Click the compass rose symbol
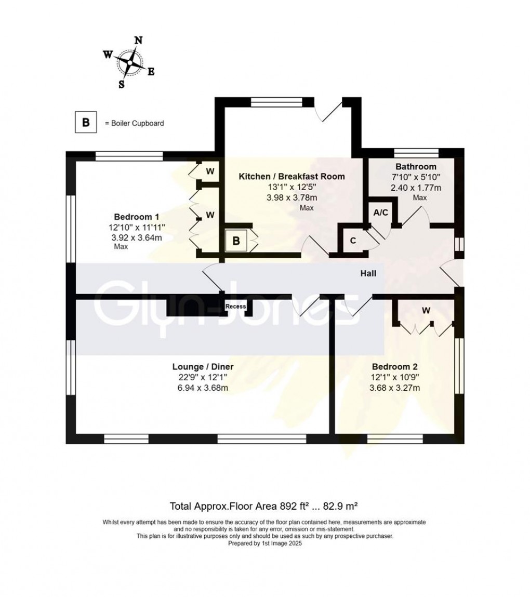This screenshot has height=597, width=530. pyautogui.click(x=130, y=62)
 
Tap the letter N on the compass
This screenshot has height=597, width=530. pyautogui.click(x=138, y=41)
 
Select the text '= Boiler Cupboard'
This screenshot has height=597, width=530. pyautogui.click(x=134, y=124)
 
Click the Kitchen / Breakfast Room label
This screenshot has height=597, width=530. pyautogui.click(x=291, y=177)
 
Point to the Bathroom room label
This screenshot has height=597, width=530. pyautogui.click(x=415, y=167)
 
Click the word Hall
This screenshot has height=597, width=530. pyautogui.click(x=369, y=274)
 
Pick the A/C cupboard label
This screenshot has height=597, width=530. pyautogui.click(x=381, y=213)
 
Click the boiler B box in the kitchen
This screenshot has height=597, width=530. pyautogui.click(x=236, y=241)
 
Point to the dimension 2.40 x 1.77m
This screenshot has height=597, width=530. pyautogui.click(x=415, y=188)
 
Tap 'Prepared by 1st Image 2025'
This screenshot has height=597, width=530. pyautogui.click(x=265, y=543)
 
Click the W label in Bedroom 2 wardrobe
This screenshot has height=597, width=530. pyautogui.click(x=426, y=311)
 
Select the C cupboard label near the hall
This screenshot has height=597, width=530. pyautogui.click(x=353, y=241)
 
